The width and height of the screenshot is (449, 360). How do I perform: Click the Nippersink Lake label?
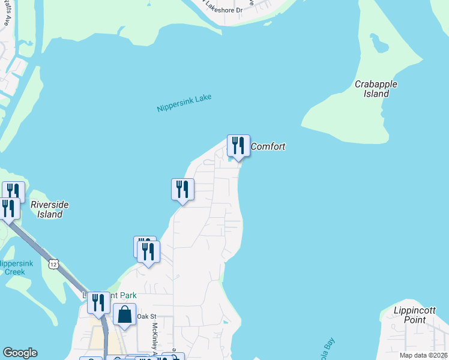click(184, 103)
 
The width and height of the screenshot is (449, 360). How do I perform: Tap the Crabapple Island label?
click(376, 89)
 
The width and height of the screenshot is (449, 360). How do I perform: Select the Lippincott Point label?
click(410, 315)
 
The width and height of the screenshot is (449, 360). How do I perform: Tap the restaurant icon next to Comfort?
click(238, 146)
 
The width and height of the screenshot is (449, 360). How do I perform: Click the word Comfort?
click(268, 146)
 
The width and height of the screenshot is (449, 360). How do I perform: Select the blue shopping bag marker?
click(124, 315)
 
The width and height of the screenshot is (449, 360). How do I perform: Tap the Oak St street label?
click(146, 316)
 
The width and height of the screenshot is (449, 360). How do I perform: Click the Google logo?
click(20, 353)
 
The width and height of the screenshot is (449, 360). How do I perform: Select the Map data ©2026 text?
click(423, 355)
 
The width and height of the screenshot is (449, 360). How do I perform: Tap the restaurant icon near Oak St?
click(98, 303)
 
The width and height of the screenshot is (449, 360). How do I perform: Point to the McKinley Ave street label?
click(154, 340)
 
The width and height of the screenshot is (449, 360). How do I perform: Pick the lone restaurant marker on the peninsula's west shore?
click(182, 189)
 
